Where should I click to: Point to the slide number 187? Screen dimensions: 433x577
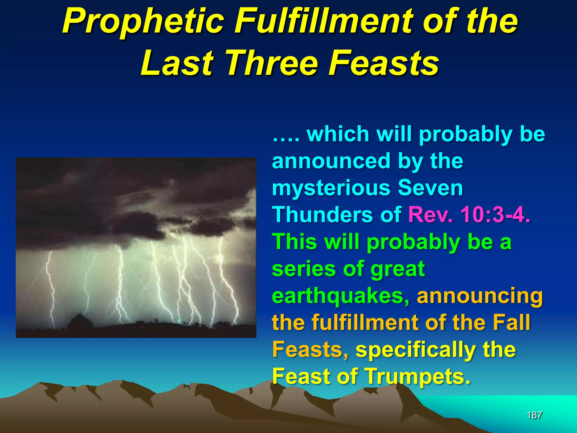[x=534, y=415]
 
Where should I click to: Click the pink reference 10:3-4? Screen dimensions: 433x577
[x=495, y=215]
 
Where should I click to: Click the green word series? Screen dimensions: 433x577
[x=304, y=269]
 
